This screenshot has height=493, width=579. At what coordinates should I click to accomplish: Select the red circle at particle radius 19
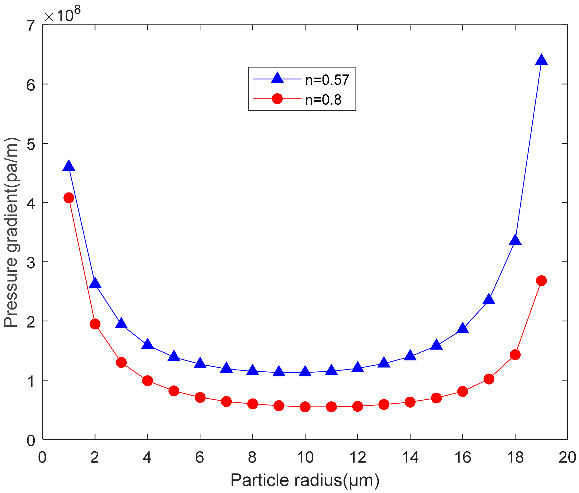point(541,281)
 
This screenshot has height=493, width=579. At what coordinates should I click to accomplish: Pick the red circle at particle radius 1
point(69,198)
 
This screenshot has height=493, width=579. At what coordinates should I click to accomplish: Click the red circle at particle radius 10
point(305,407)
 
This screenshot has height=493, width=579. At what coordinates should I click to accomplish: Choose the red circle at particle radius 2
point(95,324)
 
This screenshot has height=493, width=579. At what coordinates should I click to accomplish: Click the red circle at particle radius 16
point(463,391)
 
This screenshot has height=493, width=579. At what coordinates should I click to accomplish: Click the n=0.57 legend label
point(327,80)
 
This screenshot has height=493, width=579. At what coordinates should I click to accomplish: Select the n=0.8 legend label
point(323,100)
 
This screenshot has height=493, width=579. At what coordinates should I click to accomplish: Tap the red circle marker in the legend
point(277,99)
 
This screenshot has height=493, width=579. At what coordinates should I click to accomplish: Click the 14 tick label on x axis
point(410,458)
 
